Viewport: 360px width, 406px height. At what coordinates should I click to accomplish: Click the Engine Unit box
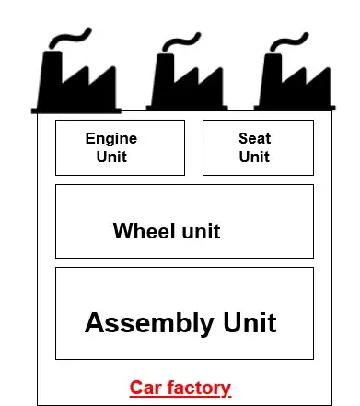[x=120, y=147]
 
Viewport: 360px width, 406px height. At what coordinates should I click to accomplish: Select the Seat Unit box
[x=257, y=147]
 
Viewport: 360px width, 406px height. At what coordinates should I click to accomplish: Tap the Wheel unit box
[x=184, y=221]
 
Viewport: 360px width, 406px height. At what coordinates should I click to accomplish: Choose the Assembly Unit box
[x=184, y=313]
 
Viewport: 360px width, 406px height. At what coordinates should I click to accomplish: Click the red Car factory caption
[x=180, y=388]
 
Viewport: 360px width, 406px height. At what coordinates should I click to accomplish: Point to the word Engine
[x=111, y=139]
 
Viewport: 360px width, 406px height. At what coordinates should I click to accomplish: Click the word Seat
[x=254, y=139]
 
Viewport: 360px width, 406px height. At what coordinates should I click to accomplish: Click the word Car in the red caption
[x=145, y=388]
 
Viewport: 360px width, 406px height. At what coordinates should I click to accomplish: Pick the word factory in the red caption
[x=198, y=388]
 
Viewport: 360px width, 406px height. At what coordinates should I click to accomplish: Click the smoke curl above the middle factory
[x=184, y=42]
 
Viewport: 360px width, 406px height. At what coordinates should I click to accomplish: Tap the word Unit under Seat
[x=254, y=157]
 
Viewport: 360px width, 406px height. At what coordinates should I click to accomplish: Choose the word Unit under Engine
[x=111, y=157]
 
